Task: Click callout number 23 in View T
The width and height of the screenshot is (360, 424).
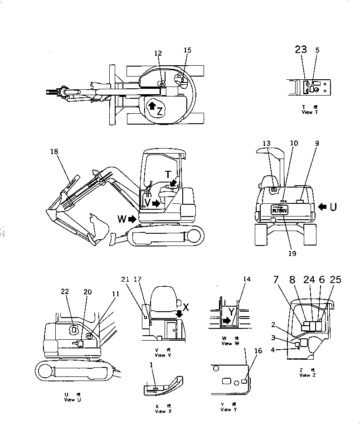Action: point(301,50)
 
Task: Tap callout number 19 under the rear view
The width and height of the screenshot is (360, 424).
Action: point(292,253)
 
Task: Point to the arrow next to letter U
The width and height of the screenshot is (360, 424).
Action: point(323,206)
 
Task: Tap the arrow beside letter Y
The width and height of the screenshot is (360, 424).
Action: point(226,321)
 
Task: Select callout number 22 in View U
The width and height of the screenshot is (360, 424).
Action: point(64,292)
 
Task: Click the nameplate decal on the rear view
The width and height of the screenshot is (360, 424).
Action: point(279,209)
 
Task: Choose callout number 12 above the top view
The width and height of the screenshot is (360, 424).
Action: point(157,53)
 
